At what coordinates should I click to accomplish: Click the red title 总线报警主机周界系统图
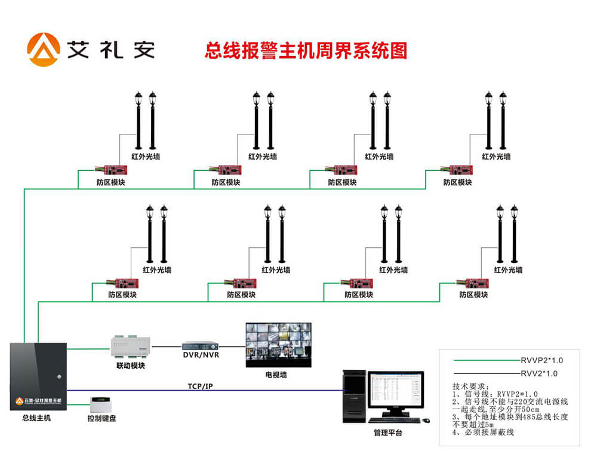[306, 51]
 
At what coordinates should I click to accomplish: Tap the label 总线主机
[36, 418]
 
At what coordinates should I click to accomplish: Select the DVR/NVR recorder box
[201, 345]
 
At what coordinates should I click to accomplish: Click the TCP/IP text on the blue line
[200, 387]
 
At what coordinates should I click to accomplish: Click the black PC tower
[354, 396]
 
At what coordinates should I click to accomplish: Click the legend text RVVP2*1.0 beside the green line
[541, 360]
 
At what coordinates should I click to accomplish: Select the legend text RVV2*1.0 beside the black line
[539, 373]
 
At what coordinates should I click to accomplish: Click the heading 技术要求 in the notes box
[471, 386]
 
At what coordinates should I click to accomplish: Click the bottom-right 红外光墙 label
[508, 270]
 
